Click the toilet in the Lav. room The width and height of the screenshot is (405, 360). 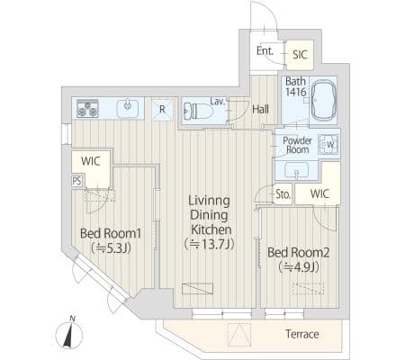197,111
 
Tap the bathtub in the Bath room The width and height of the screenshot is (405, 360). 324,100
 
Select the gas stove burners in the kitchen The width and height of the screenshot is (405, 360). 87,109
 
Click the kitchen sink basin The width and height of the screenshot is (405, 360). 128,108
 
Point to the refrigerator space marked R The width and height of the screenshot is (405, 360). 162,109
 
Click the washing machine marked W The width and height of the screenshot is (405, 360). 328,144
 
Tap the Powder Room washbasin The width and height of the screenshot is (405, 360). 297,170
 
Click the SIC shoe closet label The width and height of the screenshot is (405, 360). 300,55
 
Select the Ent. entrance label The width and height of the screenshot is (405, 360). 265,51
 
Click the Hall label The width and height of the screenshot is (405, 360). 260,110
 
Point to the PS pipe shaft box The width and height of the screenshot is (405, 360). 76,181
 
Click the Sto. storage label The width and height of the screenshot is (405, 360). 283,194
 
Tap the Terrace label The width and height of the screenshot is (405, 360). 301,334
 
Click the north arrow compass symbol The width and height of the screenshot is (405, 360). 69,332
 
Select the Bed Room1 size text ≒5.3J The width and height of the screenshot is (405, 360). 112,247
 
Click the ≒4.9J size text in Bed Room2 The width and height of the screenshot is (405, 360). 299,266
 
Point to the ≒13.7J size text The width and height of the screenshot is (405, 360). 209,244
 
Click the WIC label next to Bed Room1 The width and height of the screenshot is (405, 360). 91,161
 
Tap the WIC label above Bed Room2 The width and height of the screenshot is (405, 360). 319,193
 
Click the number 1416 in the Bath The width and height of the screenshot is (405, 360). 296,92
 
